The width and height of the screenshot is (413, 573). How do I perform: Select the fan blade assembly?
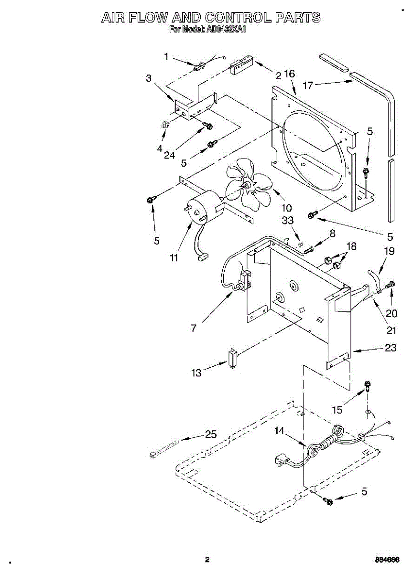pyautogui.click(x=249, y=186)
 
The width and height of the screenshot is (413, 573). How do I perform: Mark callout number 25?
pyautogui.click(x=211, y=435)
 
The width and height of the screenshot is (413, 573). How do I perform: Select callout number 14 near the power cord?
pyautogui.click(x=280, y=431)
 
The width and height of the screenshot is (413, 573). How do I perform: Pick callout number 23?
pyautogui.click(x=391, y=348)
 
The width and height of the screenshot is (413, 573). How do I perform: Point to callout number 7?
pyautogui.click(x=194, y=329)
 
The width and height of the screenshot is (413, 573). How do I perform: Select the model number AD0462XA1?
pyautogui.click(x=226, y=30)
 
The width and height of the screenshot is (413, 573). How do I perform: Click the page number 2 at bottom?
pyautogui.click(x=207, y=559)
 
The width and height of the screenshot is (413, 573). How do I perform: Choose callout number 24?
pyautogui.click(x=170, y=156)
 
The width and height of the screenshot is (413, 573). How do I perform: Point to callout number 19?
pyautogui.click(x=390, y=251)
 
